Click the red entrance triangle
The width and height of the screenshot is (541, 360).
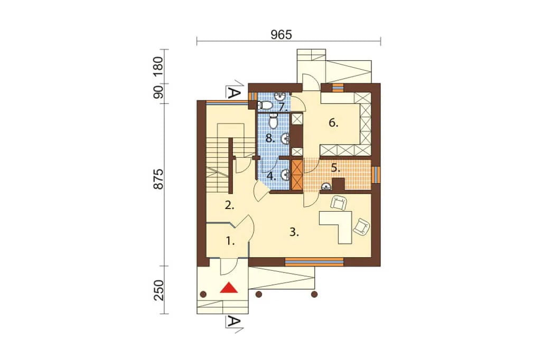(229, 288)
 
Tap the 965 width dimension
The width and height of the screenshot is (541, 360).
(281, 35)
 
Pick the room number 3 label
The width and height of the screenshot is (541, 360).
(294, 232)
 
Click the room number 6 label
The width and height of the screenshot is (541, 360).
(333, 123)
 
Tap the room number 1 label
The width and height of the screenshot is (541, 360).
(230, 241)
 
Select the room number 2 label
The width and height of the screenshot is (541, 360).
(229, 206)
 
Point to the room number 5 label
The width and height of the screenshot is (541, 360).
(335, 168)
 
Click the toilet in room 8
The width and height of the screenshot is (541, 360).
(273, 121)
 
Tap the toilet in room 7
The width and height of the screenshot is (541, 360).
(266, 105)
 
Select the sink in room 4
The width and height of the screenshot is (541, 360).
(285, 175)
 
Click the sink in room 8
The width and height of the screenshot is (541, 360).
(285, 139)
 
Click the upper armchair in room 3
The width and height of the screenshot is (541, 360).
(339, 203)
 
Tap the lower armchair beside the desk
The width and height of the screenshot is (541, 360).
(361, 226)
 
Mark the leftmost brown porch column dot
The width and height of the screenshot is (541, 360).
(203, 294)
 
